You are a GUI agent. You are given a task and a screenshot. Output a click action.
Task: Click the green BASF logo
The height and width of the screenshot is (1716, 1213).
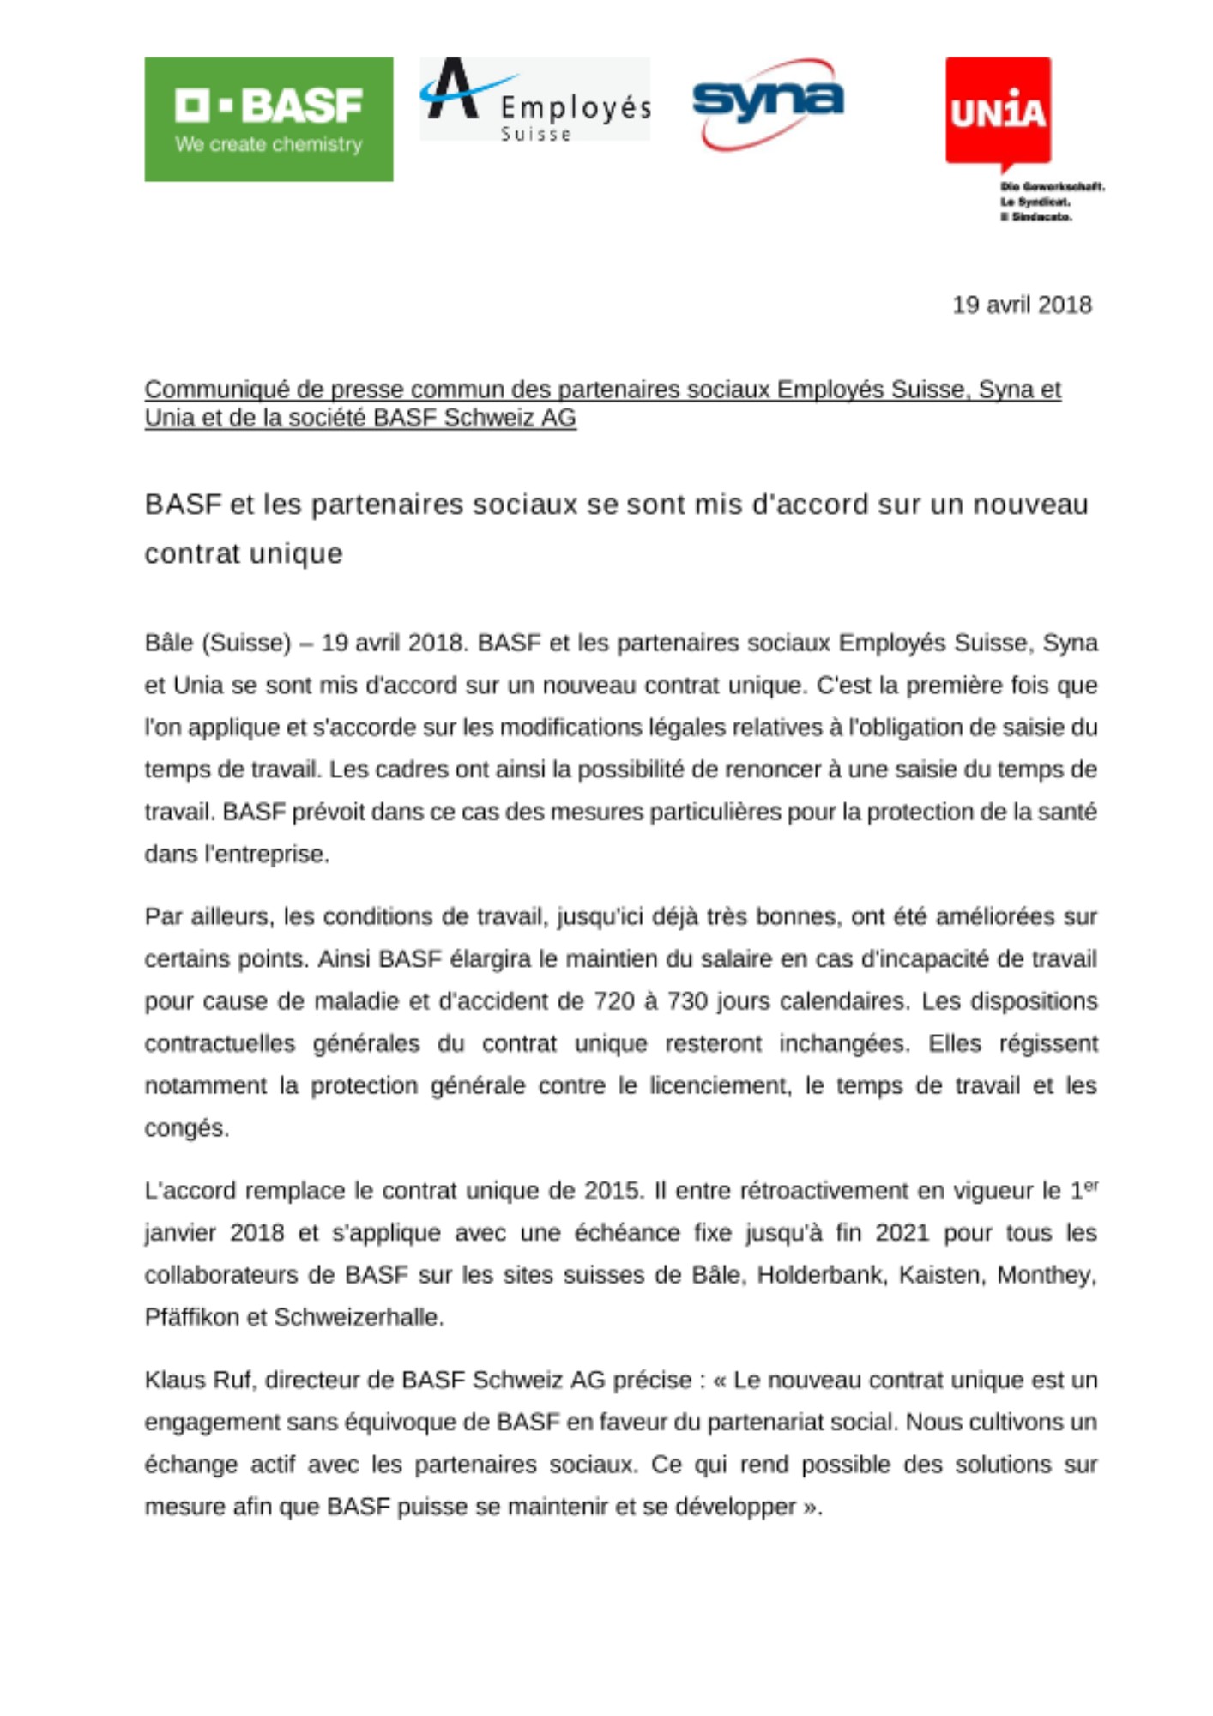(269, 119)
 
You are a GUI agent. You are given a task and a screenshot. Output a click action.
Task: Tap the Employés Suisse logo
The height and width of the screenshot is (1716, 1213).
(534, 100)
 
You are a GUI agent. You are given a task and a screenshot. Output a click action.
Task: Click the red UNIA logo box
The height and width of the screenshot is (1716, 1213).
(998, 112)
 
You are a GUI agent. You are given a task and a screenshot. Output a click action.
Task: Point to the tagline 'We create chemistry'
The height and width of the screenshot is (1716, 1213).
(269, 144)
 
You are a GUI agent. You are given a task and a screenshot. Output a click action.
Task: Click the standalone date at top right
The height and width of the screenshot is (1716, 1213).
(1022, 305)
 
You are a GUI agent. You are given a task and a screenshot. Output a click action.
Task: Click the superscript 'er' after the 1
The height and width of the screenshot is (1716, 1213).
(1090, 1185)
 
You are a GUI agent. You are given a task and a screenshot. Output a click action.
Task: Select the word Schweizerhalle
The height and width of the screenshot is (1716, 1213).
(358, 1317)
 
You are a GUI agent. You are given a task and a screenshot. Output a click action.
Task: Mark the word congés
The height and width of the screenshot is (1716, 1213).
(186, 1128)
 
